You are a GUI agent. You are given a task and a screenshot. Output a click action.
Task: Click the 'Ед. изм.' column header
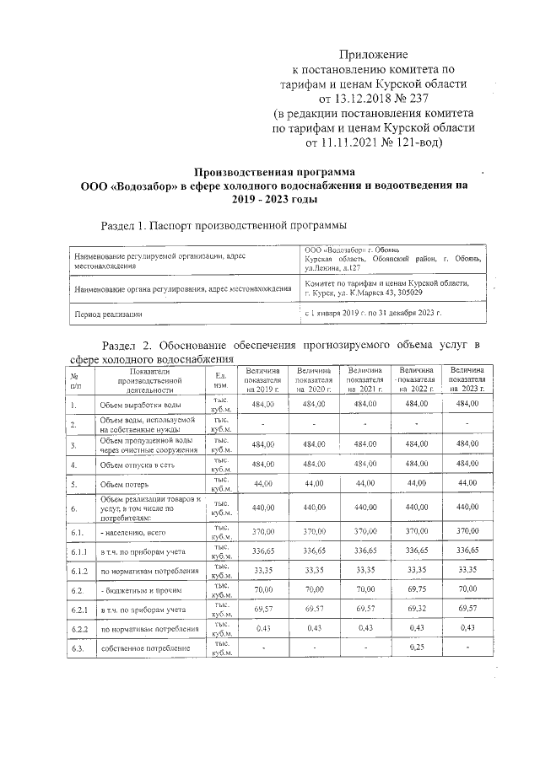pos(219,380)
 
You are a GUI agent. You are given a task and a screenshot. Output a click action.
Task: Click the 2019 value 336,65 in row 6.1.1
pos(262,550)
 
